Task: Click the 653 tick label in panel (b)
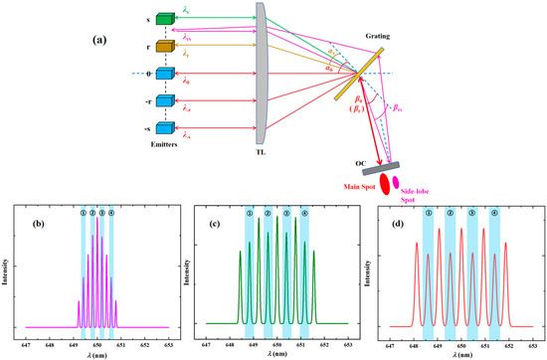pos(168,342)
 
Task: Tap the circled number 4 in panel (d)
pos(494,213)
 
